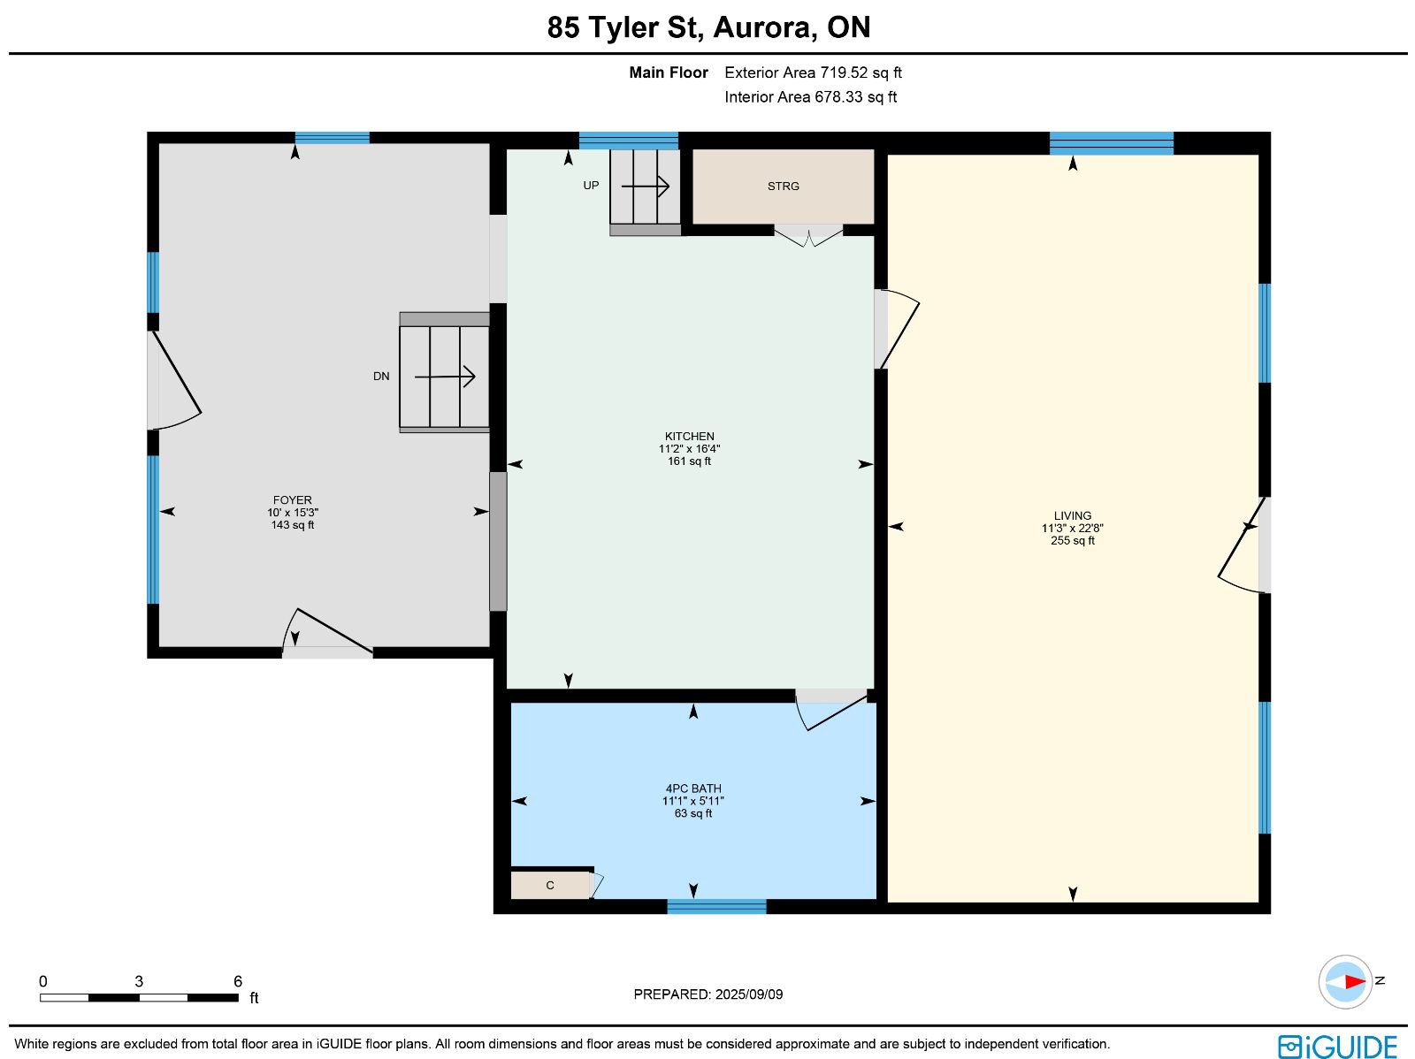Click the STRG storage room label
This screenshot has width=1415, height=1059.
coord(783,187)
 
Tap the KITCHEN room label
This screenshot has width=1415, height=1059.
coord(689,436)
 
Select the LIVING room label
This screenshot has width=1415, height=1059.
coord(1072,515)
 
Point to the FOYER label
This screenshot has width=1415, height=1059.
coord(292,499)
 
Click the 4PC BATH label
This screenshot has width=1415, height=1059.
coord(693,789)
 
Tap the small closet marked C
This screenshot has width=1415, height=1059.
coord(550,885)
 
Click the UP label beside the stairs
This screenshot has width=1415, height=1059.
coord(591,186)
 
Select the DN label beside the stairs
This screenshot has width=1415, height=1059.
coord(381,377)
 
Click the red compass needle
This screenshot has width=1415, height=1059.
coord(1354,982)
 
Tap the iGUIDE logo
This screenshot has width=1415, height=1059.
coord(1337,1047)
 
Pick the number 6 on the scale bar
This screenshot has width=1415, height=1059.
coord(237,981)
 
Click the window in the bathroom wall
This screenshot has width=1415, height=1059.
coord(716,907)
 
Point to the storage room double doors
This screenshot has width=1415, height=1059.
coord(808,235)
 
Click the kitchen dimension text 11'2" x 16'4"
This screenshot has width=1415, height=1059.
coord(689,449)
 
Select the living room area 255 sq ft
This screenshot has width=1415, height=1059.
coord(1072,540)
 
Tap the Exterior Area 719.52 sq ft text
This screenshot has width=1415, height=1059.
coord(813,72)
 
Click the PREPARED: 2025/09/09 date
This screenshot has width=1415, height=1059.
coord(707,994)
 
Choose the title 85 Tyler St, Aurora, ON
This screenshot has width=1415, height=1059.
coord(708,27)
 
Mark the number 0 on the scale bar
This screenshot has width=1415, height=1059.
coord(43,981)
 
